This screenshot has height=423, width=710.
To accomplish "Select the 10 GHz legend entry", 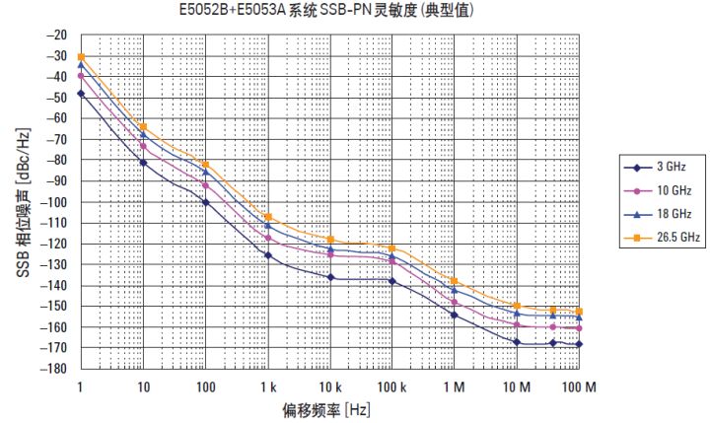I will tap(663, 190).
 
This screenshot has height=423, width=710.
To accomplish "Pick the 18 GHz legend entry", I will tap(663, 214).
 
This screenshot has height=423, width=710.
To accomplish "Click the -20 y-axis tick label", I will tap(56, 35).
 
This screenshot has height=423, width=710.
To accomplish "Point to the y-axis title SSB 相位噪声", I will tap(22, 202).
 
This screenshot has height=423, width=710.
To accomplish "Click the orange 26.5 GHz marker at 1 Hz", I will tap(81, 57).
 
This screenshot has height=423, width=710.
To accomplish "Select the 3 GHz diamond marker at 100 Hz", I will tap(205, 202).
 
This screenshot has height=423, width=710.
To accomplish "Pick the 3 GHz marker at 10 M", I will tap(517, 342).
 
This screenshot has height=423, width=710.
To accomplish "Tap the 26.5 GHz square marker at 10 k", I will tap(330, 240).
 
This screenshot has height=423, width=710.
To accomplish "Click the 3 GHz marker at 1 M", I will tap(455, 315).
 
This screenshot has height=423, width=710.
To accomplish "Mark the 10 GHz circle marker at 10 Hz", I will tap(143, 146).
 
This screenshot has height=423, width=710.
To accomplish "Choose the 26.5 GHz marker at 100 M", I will tap(579, 311).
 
